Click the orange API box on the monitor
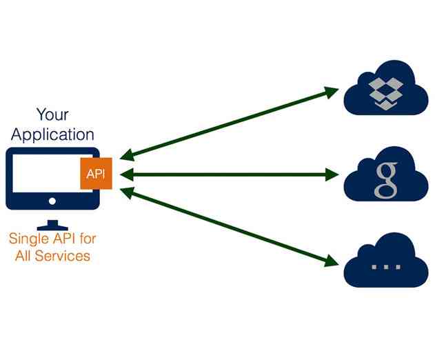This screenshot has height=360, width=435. click(95, 174)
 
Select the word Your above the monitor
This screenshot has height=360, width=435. click(52, 114)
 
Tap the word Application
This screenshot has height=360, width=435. click(52, 134)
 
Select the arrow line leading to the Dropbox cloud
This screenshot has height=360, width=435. click(227, 125)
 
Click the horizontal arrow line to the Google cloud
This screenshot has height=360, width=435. click(227, 174)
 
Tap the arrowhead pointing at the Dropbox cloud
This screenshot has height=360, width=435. click(332, 92)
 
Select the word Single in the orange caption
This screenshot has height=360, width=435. click(27, 240)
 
